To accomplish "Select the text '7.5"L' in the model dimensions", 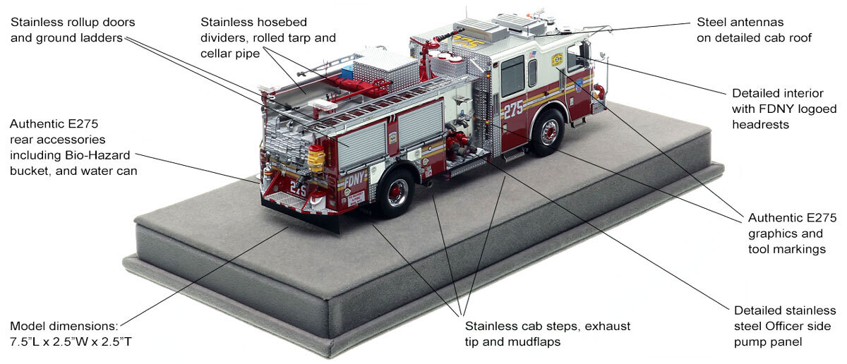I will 26,342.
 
